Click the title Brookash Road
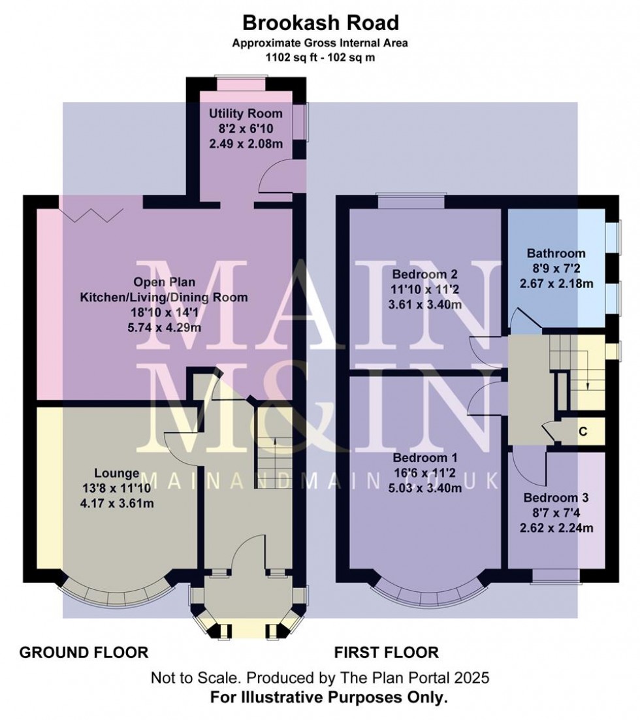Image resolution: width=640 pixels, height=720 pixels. click(321, 22)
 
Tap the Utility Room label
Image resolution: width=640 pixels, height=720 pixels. click(246, 114)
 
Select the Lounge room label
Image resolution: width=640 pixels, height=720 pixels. click(117, 473)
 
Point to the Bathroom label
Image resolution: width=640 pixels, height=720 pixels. click(556, 253)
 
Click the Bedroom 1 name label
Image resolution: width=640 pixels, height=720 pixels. click(425, 458)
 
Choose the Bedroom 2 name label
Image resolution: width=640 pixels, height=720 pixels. click(424, 274)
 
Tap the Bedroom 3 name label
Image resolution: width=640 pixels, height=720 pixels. click(556, 498)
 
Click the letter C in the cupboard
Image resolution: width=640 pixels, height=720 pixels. click(583, 432)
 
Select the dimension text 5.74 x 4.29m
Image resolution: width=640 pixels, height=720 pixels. click(164, 327)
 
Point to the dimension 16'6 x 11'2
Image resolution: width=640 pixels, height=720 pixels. click(425, 473)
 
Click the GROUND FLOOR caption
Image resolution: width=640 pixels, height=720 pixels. click(84, 652)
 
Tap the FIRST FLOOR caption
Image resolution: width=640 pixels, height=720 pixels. click(386, 652)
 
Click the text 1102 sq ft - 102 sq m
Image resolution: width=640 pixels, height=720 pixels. click(320, 57)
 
